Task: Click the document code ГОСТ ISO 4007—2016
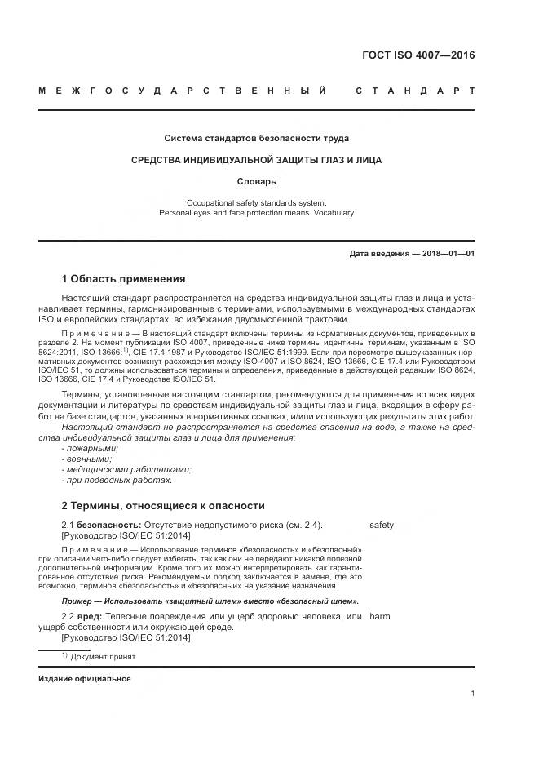[x=418, y=56]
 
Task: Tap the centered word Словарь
[x=257, y=180]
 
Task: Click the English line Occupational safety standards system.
[x=257, y=202]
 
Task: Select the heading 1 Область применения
[x=124, y=279]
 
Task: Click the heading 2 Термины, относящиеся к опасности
[x=163, y=506]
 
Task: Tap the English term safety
[x=382, y=525]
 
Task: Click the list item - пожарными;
[x=90, y=448]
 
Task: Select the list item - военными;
[x=86, y=459]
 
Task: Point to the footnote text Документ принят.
[x=104, y=657]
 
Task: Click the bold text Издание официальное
[x=84, y=679]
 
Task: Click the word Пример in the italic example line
[x=77, y=600]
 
